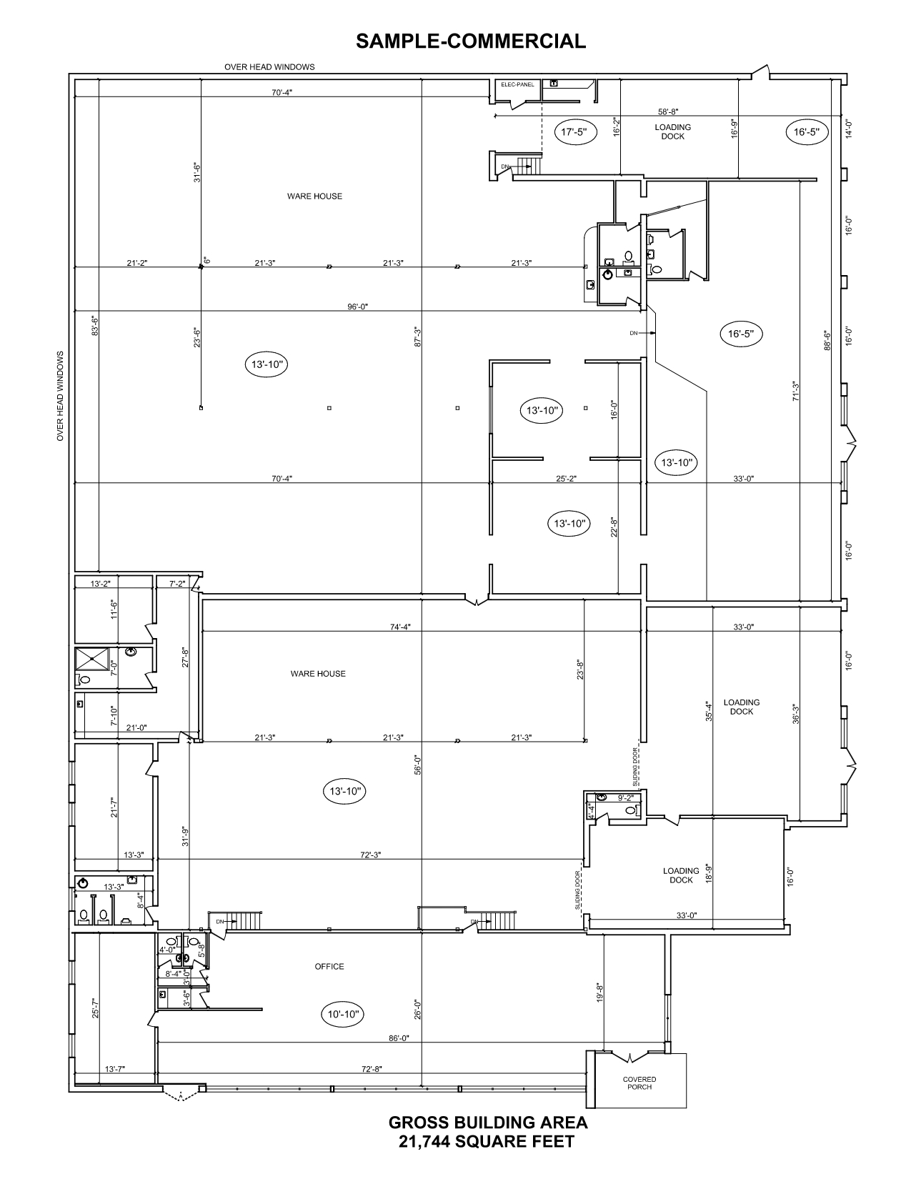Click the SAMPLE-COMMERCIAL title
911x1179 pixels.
(470, 41)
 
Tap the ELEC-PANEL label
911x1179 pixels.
(517, 84)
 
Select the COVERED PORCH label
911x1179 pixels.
(639, 1083)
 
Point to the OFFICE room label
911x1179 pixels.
(329, 966)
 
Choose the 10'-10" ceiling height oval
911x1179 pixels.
(344, 1014)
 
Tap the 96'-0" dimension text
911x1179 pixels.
(357, 307)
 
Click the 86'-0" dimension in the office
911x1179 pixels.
(399, 1038)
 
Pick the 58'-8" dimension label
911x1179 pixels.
(669, 111)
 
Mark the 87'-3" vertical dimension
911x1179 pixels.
(417, 337)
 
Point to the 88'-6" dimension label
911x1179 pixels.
(827, 341)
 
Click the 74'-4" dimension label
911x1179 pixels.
(400, 627)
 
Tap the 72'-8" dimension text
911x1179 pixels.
(372, 1069)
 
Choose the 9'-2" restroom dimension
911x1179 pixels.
(626, 798)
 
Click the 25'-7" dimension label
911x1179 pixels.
(96, 1008)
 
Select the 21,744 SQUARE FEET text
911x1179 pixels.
(487, 1142)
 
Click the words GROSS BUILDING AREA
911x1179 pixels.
(488, 1122)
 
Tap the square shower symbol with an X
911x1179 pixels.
(91, 659)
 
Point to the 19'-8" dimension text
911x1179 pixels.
(599, 993)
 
